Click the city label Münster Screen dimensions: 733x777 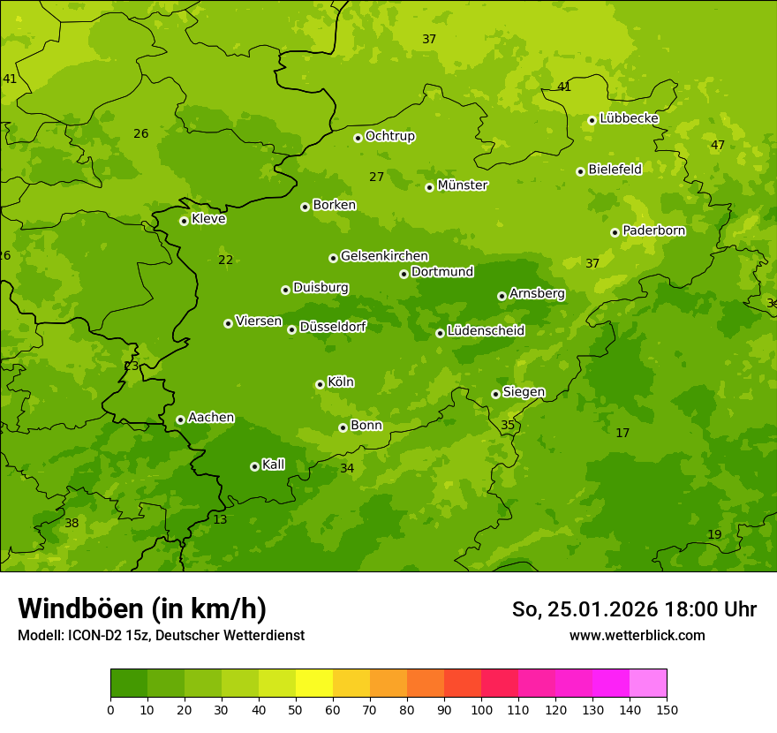click(x=463, y=185)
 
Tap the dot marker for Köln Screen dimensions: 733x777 click(x=320, y=384)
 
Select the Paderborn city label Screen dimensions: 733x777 click(x=654, y=230)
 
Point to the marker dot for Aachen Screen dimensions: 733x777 click(x=180, y=419)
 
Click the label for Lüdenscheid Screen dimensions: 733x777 click(x=486, y=331)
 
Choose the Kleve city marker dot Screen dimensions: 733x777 click(x=184, y=221)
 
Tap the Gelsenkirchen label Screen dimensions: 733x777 click(x=384, y=256)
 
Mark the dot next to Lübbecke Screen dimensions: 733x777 click(x=592, y=120)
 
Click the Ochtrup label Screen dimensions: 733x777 click(x=390, y=136)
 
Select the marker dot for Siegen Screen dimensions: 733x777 click(x=495, y=394)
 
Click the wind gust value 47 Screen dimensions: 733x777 click(x=718, y=146)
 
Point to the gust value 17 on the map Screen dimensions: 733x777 click(x=622, y=433)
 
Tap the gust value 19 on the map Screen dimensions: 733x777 click(x=714, y=535)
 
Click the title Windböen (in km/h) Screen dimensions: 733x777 click(x=142, y=608)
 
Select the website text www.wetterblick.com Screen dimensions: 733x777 click(x=637, y=636)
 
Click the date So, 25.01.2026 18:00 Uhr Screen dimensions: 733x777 click(x=634, y=609)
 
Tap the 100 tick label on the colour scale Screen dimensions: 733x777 click(x=481, y=709)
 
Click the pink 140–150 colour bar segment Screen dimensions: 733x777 click(x=648, y=684)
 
